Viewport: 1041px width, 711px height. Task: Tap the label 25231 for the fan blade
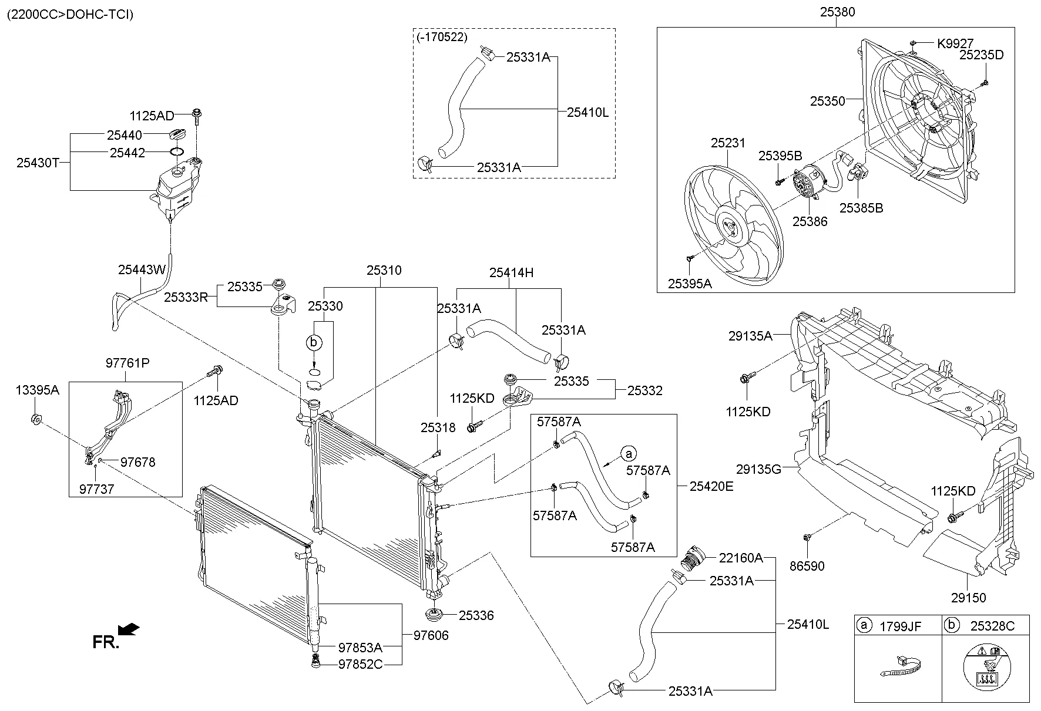coord(728,143)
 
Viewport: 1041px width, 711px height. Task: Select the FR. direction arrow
coord(128,630)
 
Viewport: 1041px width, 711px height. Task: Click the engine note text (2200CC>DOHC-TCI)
coord(70,14)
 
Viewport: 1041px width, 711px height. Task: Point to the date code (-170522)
coord(442,38)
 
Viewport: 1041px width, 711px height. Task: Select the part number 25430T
coord(38,163)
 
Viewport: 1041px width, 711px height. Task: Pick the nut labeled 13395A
coord(35,419)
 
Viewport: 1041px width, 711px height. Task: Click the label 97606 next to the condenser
coord(431,635)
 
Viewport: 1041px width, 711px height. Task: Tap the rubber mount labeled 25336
coord(434,616)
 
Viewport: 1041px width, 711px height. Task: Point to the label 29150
coord(968,598)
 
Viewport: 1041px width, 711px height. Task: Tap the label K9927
coord(955,43)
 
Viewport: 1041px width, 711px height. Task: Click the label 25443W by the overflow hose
coord(142,269)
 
